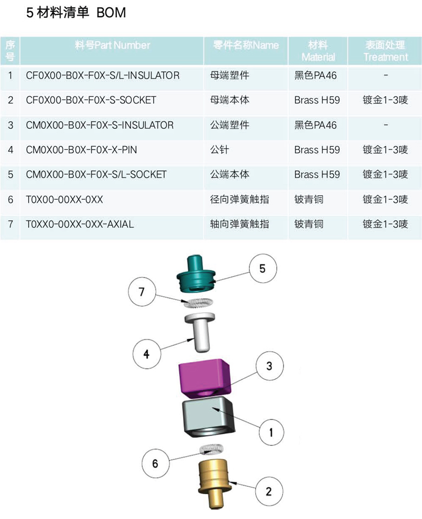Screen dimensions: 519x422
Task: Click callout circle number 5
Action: click(x=262, y=269)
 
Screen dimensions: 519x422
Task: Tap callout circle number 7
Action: click(x=142, y=293)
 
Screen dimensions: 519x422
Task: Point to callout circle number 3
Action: click(x=269, y=367)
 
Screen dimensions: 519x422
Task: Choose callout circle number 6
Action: click(x=155, y=463)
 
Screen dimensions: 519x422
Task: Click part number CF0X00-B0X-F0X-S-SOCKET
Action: click(x=91, y=100)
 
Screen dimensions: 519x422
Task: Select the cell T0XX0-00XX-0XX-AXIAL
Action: click(x=80, y=224)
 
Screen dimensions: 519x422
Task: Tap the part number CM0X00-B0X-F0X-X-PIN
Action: click(x=81, y=150)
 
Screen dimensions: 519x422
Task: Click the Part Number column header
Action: click(x=113, y=45)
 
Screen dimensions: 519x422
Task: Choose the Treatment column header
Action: click(x=385, y=51)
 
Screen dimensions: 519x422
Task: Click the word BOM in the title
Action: click(x=111, y=13)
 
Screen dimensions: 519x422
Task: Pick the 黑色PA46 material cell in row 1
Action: click(x=315, y=76)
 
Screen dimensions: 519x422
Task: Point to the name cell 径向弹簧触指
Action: click(x=239, y=200)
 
